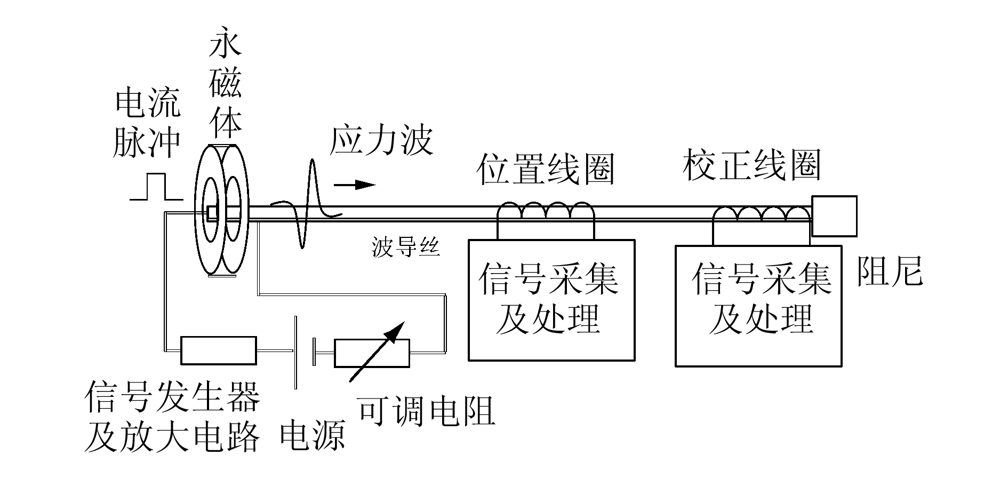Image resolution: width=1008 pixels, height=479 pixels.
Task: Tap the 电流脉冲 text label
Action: (x=148, y=124)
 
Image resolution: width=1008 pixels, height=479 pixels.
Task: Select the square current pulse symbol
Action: (x=156, y=187)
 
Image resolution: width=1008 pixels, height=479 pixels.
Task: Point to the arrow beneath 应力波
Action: (x=354, y=185)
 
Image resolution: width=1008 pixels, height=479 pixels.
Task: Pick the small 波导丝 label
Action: (x=405, y=247)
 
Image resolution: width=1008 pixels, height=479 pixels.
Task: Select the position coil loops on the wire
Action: (x=546, y=211)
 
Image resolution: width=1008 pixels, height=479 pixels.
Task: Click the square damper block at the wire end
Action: (x=834, y=216)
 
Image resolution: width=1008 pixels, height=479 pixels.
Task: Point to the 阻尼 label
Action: (x=889, y=271)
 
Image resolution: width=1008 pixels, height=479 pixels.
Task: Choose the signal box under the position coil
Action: (x=551, y=300)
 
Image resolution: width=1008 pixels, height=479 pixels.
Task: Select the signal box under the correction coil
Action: (x=758, y=306)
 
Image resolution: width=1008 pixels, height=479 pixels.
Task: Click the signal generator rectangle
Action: (x=219, y=350)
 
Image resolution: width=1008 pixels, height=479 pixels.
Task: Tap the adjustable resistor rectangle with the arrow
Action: (x=372, y=354)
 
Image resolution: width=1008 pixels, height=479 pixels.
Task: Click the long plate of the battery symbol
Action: (x=295, y=352)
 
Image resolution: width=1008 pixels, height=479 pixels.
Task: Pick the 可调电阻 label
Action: (x=426, y=410)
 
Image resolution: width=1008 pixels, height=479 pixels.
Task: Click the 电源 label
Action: (x=313, y=435)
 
